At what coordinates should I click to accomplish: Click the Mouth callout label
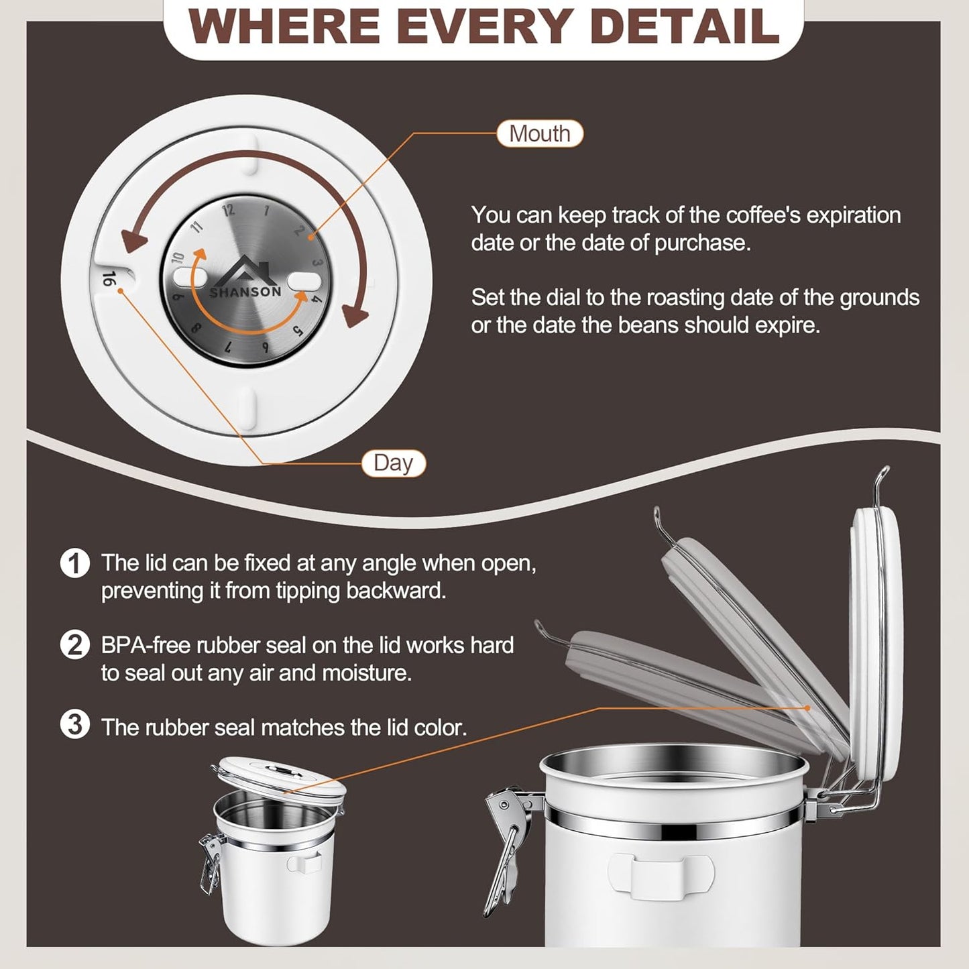tap(539, 133)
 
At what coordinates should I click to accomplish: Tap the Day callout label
tap(393, 463)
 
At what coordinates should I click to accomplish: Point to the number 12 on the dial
tap(229, 210)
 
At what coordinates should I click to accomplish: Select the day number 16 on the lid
tap(109, 280)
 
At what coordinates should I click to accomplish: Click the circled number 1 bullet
tap(74, 563)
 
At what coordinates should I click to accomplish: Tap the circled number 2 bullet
tap(74, 645)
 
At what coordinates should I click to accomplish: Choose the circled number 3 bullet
tap(74, 726)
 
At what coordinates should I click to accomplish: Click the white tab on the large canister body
tap(661, 875)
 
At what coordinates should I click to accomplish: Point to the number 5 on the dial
tap(298, 331)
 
